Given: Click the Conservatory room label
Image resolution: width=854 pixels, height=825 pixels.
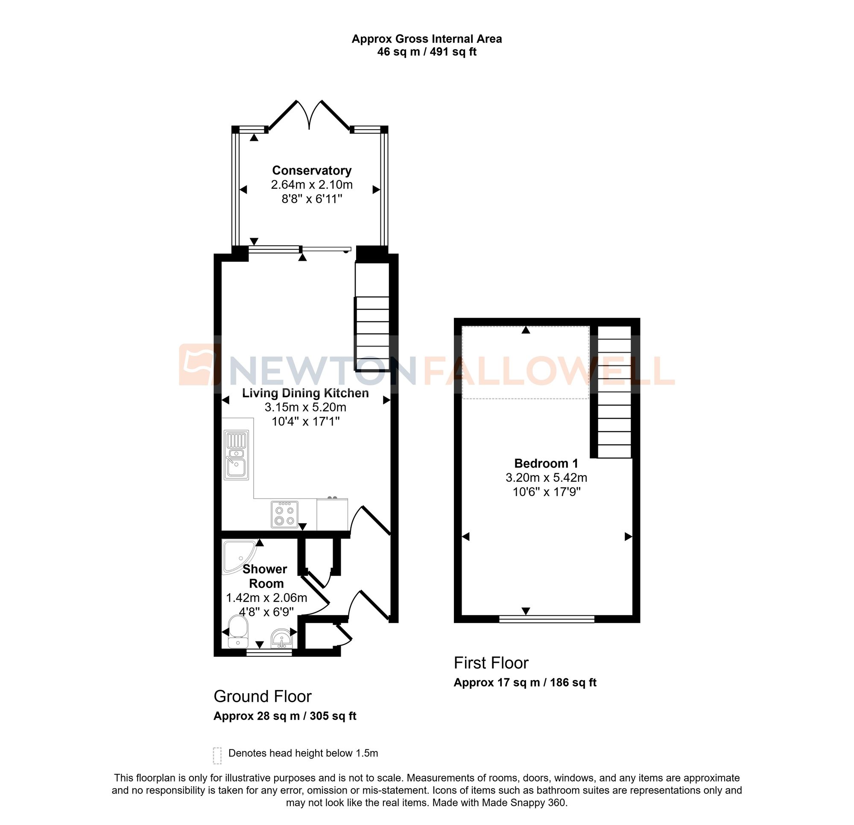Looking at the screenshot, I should point(312,170).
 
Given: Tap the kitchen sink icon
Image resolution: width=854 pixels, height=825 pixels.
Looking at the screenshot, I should point(236,455).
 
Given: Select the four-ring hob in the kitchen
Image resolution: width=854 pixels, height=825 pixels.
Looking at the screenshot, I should point(284,514).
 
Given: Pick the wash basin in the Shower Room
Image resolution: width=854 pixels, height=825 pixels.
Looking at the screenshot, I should point(282,638).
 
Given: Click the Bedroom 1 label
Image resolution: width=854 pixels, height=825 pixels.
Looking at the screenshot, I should point(546,463).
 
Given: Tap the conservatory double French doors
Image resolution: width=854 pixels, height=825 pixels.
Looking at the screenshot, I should point(309,115).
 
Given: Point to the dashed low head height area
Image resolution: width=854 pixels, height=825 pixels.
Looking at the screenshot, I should point(526,362).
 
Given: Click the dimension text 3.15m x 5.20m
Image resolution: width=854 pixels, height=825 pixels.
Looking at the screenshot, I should point(305,407).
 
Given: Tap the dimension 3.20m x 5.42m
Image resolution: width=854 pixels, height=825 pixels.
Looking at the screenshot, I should point(546,478).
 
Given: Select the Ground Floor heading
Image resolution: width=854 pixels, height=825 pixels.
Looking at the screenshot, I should point(262,697).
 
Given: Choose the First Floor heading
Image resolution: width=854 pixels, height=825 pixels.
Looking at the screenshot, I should point(491,663).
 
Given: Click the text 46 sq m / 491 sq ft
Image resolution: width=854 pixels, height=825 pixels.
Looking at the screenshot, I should point(427,52).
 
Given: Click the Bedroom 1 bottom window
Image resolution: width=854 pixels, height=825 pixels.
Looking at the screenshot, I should point(547,619).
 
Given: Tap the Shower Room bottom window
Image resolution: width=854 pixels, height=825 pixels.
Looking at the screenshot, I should point(269,653).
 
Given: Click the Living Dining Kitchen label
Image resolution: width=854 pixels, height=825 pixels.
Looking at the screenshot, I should point(305,393).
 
